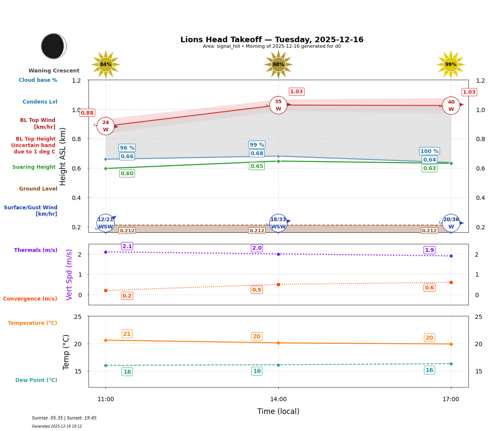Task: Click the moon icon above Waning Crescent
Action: click(54, 46)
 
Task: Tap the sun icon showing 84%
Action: click(106, 64)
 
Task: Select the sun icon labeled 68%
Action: click(278, 64)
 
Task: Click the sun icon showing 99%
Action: click(451, 64)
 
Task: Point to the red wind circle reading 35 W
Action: click(278, 105)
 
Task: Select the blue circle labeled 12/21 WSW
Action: click(106, 223)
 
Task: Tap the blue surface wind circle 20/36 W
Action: click(451, 223)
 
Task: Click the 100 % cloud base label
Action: click(429, 151)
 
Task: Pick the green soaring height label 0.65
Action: click(257, 166)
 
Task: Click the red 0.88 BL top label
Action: click(87, 113)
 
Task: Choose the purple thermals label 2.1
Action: click(127, 246)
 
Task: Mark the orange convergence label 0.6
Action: click(429, 288)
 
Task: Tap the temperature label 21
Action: click(127, 334)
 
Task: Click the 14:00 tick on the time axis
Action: click(278, 399)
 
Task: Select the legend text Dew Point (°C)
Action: click(36, 380)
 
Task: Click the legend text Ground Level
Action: click(38, 189)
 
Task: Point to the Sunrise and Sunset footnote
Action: click(64, 418)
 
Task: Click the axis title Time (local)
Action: click(278, 411)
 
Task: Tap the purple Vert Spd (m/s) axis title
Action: click(69, 275)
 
